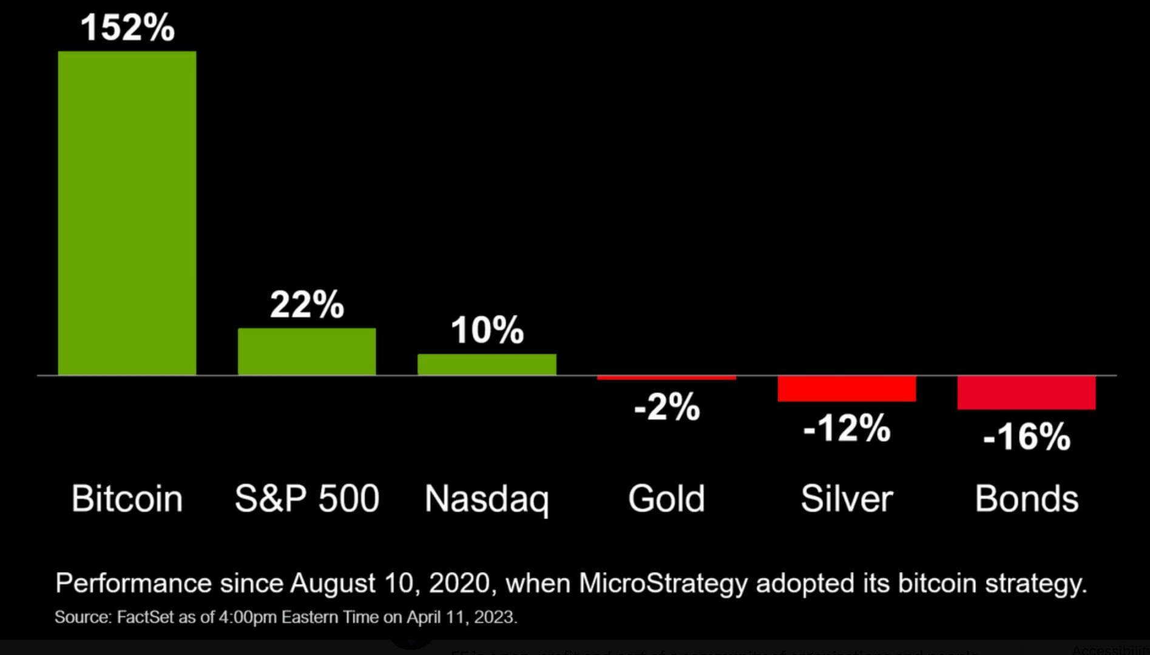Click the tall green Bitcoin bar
(127, 212)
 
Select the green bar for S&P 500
(306, 352)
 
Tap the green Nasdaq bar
(487, 364)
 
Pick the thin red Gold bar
(666, 378)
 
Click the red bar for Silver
(847, 389)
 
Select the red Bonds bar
(1026, 393)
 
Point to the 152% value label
(127, 28)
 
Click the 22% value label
(306, 304)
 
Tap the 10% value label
(487, 331)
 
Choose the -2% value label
(666, 407)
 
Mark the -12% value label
(847, 429)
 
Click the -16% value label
(1026, 437)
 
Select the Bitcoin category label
(127, 499)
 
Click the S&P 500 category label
(306, 499)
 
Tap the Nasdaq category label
(487, 499)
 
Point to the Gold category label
(666, 499)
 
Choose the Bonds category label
(1026, 499)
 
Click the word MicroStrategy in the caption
(663, 583)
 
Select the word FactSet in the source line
(145, 617)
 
